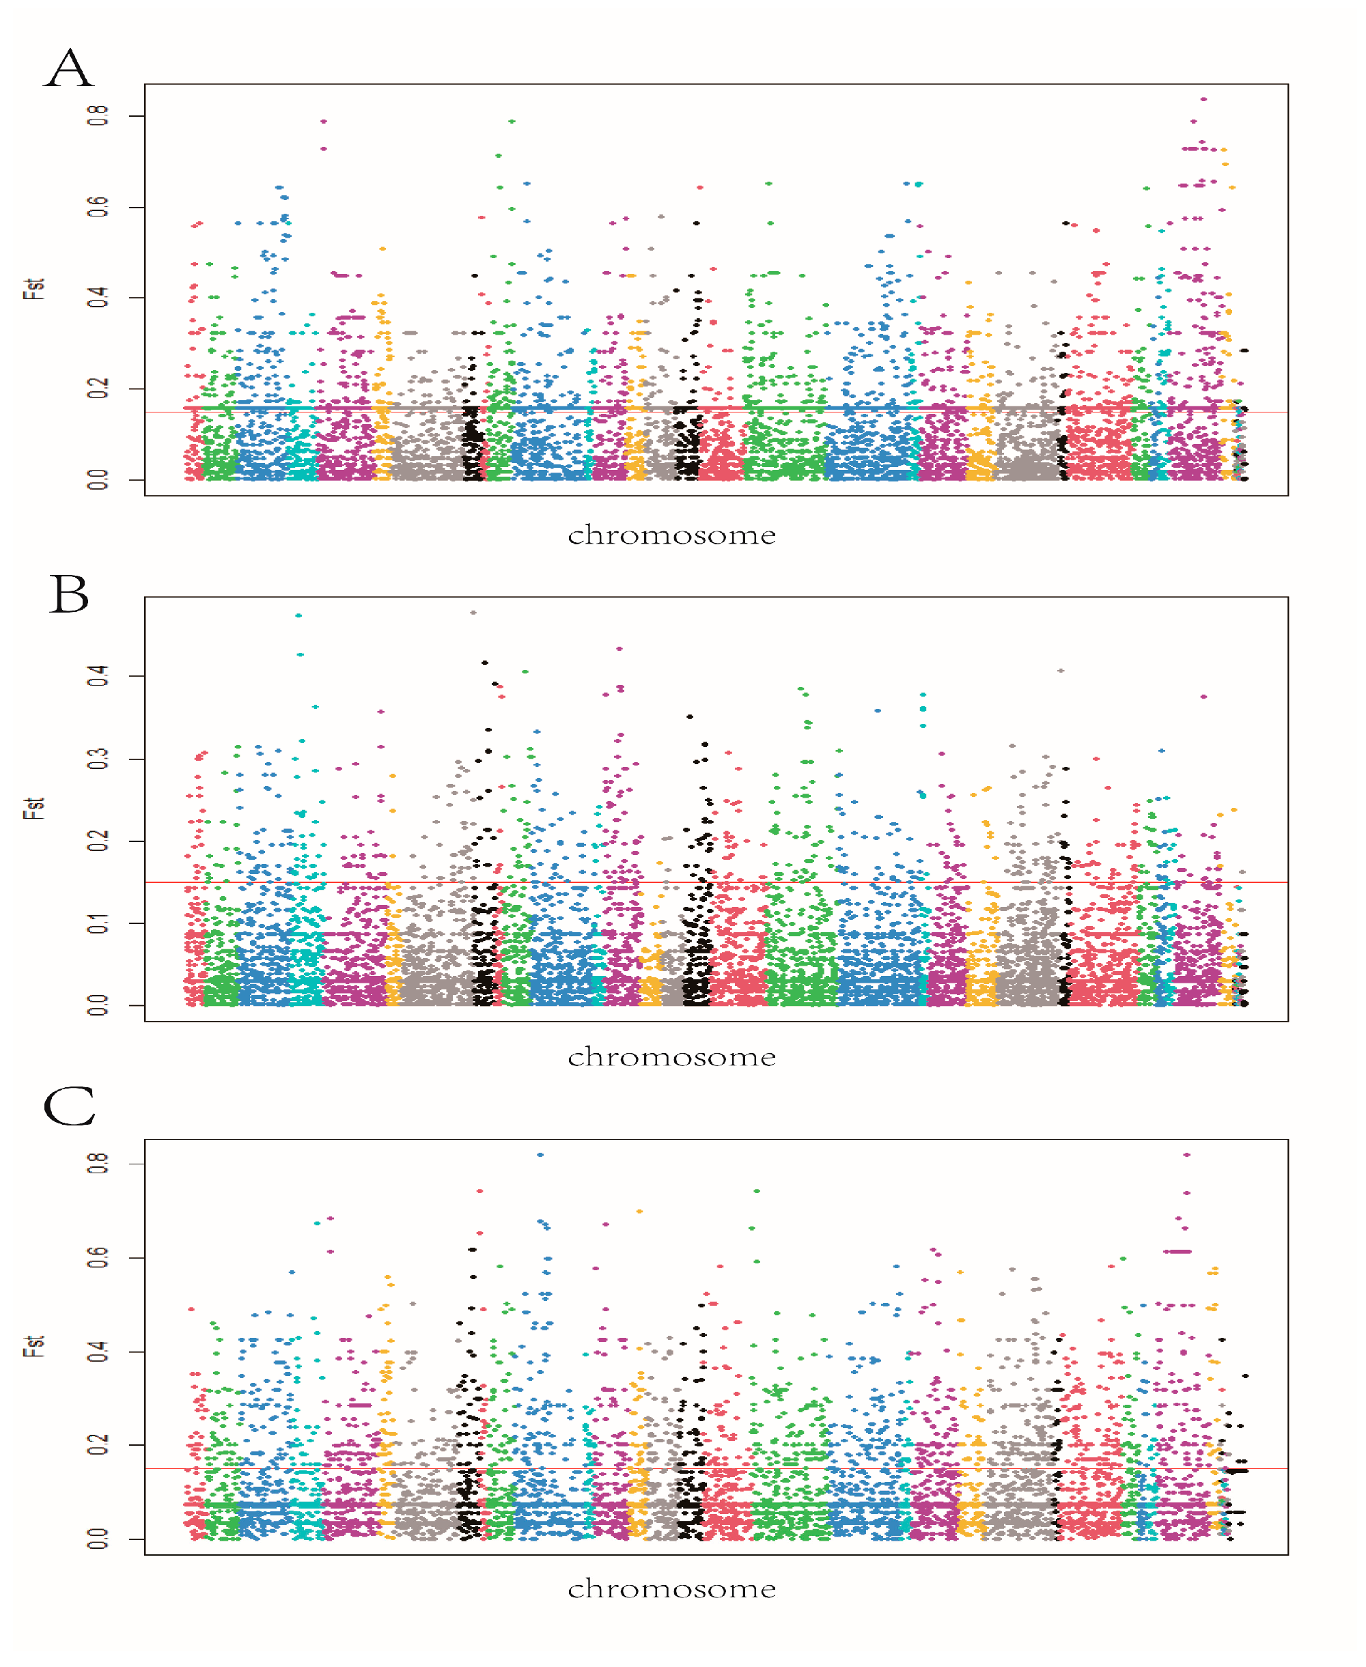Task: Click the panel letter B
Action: (x=69, y=594)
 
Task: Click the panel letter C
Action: (x=69, y=1107)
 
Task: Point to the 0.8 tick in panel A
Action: (x=98, y=116)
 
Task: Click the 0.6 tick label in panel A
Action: (x=98, y=207)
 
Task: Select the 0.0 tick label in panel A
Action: (x=98, y=479)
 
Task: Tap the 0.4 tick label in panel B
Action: (x=98, y=675)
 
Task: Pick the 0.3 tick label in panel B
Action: (x=98, y=758)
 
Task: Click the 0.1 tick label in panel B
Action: (x=98, y=923)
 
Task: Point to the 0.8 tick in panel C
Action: (x=98, y=1164)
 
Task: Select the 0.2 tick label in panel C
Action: (x=98, y=1444)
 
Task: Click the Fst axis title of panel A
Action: (x=33, y=289)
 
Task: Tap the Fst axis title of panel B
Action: (x=33, y=808)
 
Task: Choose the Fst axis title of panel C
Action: (x=33, y=1346)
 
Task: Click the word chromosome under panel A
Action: (x=671, y=535)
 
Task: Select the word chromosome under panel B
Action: (x=671, y=1056)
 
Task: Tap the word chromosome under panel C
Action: (x=671, y=1589)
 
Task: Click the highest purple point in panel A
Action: (x=1203, y=100)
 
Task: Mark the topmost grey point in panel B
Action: (x=473, y=612)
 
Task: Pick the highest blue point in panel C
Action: (x=540, y=1155)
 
